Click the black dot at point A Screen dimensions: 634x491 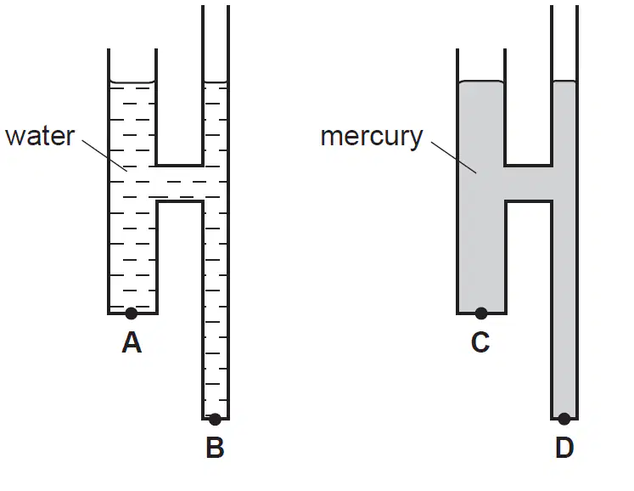(x=131, y=313)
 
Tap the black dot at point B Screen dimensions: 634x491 (x=215, y=420)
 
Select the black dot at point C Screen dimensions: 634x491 (x=481, y=313)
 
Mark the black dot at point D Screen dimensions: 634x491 (x=564, y=419)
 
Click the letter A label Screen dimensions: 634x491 (x=132, y=342)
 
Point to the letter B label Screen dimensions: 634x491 (x=215, y=448)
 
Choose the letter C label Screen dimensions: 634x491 (x=480, y=342)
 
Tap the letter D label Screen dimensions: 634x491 (x=564, y=448)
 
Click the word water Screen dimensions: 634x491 (x=40, y=137)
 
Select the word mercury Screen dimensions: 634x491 (x=372, y=138)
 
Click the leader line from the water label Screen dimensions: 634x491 (x=104, y=155)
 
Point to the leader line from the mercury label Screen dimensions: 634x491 (x=454, y=157)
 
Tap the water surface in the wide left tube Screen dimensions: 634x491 (x=132, y=82)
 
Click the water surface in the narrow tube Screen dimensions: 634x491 (x=216, y=82)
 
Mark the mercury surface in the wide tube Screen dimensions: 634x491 (x=481, y=82)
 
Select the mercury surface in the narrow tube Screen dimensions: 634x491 (x=564, y=82)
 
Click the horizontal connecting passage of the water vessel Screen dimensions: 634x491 (x=179, y=183)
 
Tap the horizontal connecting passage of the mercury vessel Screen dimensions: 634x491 (x=529, y=183)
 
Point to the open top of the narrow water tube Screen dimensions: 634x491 (x=216, y=7)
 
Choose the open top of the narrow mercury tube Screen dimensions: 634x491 (x=564, y=7)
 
